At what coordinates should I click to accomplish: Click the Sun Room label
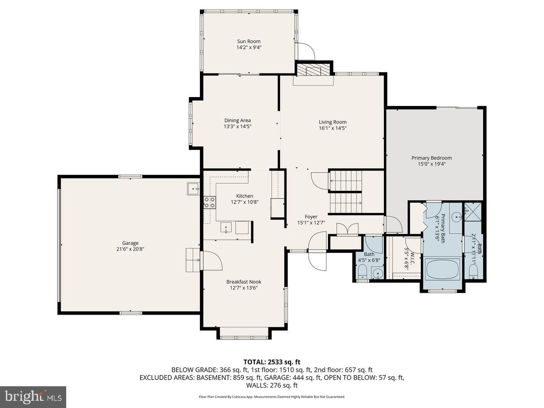pyautogui.click(x=249, y=41)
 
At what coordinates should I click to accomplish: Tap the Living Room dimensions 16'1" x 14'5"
pyautogui.click(x=332, y=128)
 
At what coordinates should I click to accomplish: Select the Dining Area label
pyautogui.click(x=237, y=120)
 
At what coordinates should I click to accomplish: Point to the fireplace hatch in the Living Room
pyautogui.click(x=314, y=70)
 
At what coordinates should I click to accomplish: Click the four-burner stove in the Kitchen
pyautogui.click(x=209, y=202)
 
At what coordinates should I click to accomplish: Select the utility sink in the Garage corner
pyautogui.click(x=193, y=188)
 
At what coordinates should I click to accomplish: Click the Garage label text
pyautogui.click(x=130, y=243)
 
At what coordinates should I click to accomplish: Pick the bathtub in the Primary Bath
pyautogui.click(x=442, y=268)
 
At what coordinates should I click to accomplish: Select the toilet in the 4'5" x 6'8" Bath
pyautogui.click(x=362, y=272)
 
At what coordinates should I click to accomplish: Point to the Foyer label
pyautogui.click(x=311, y=217)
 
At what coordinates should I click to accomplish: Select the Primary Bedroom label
pyautogui.click(x=432, y=158)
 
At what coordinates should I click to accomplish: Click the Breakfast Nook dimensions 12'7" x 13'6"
pyautogui.click(x=243, y=288)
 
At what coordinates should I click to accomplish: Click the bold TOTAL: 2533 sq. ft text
pyautogui.click(x=272, y=362)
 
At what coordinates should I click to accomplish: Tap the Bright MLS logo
pyautogui.click(x=33, y=397)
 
